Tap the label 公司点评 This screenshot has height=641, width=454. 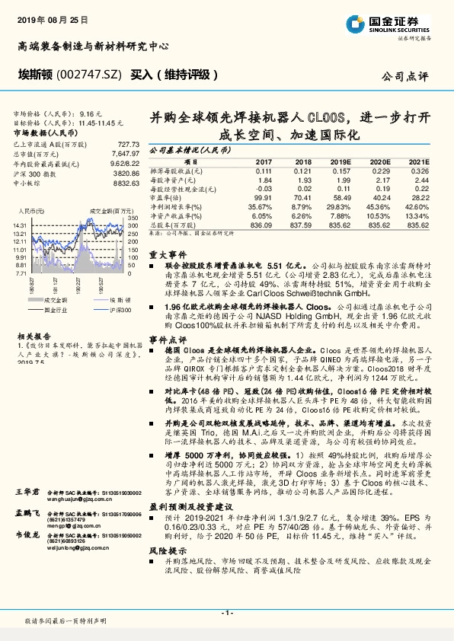tap(409, 76)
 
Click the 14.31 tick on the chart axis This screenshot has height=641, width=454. tap(21, 226)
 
